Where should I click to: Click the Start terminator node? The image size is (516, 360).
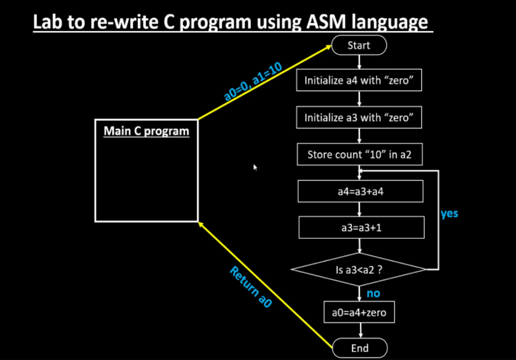359,45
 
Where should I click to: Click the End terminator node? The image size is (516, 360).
359,348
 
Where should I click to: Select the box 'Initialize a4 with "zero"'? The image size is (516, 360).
359,81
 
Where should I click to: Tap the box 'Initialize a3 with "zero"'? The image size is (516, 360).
359,117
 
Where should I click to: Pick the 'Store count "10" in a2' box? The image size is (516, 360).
359,155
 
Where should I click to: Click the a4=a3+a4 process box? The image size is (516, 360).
360,191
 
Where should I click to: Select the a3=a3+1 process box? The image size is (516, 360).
361,227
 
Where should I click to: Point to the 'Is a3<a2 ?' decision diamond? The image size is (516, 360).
359,268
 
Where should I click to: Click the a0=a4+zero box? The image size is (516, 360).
359,312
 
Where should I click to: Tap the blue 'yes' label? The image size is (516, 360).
449,213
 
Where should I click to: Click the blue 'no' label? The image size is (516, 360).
373,294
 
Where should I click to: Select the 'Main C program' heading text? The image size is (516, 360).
146,130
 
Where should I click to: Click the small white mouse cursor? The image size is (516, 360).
255,168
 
